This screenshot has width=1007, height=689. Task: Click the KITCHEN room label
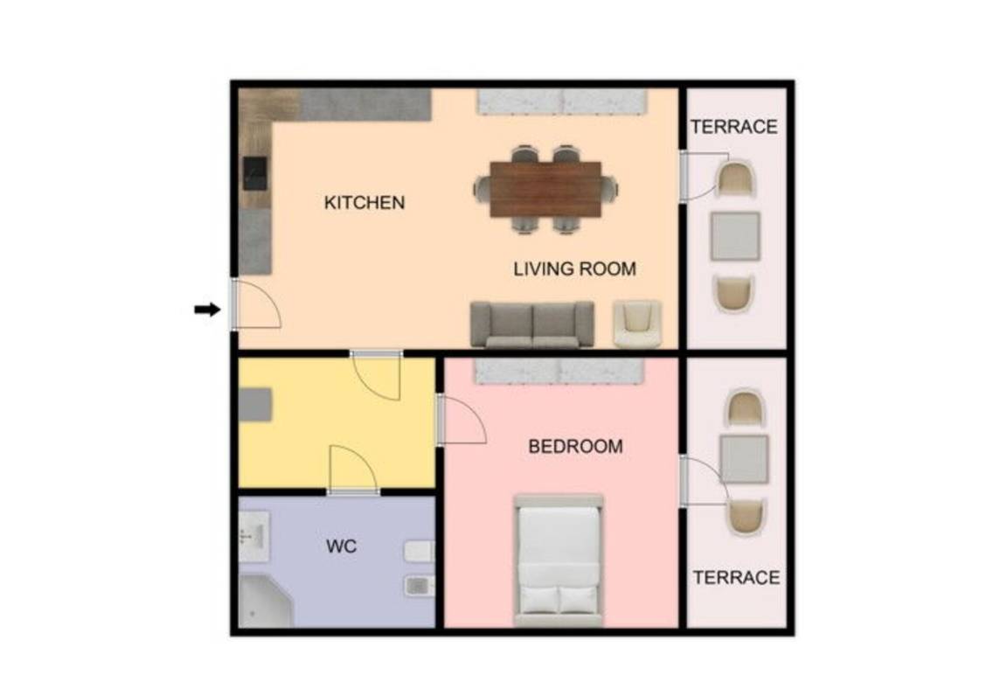[365, 202]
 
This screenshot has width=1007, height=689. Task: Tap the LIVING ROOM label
[575, 268]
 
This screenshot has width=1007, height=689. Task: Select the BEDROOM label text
[575, 446]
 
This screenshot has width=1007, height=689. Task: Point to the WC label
[341, 546]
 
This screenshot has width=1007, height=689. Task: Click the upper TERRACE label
[734, 127]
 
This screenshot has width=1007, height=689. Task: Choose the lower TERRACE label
[736, 577]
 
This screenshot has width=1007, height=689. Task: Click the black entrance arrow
[207, 310]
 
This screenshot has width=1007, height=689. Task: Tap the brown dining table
[545, 190]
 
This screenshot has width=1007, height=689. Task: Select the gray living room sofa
[532, 324]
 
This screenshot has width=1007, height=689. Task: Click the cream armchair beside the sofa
[637, 324]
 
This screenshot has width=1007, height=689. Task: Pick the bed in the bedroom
[559, 560]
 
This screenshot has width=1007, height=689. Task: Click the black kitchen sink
[255, 173]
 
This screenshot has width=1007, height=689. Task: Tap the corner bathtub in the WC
[265, 601]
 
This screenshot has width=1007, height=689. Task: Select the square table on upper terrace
[735, 236]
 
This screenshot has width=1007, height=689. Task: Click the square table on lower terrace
[744, 459]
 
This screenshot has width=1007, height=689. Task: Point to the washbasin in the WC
[254, 536]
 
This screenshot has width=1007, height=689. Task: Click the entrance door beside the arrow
[255, 305]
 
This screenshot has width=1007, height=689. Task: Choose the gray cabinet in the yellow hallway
[255, 405]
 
